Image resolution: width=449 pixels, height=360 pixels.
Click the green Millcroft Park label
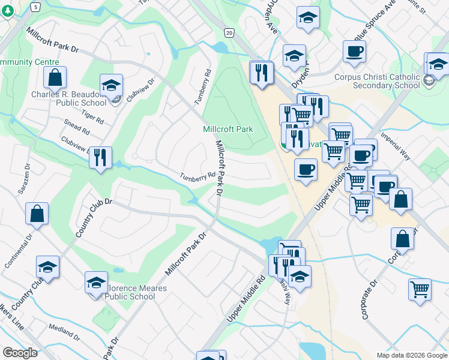[228, 129]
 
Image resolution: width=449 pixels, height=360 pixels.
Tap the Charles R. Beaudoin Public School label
[68, 98]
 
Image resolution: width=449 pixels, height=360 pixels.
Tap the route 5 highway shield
[35, 7]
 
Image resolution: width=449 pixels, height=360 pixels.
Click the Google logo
[20, 352]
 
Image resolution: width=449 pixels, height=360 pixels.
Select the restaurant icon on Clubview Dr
[100, 157]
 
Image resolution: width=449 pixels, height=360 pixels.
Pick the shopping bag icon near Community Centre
[55, 77]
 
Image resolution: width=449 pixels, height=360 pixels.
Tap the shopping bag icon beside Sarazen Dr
[37, 214]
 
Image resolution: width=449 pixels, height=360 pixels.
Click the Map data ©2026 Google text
[411, 355]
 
